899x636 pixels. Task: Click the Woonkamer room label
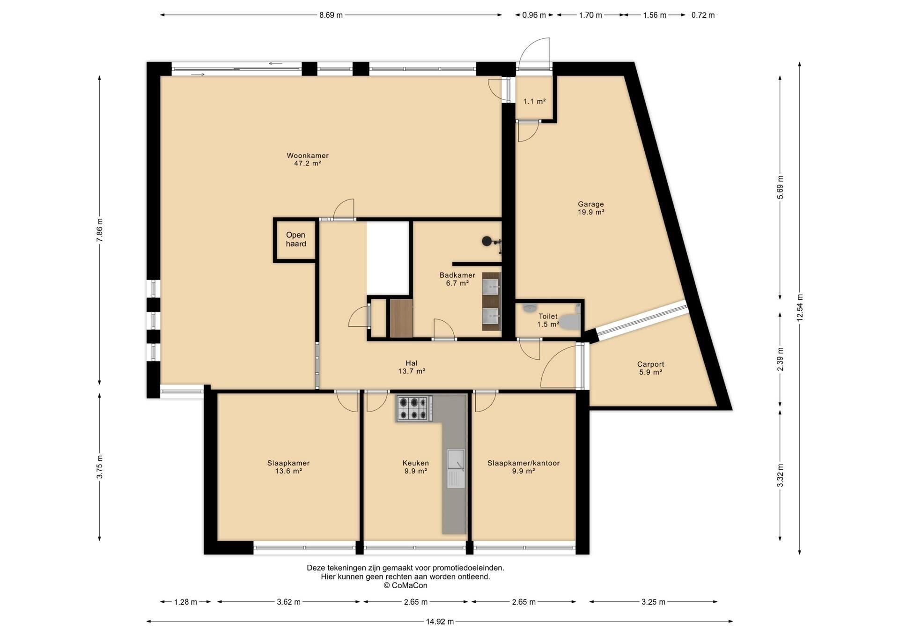click(308, 155)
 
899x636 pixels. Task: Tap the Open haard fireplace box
click(295, 239)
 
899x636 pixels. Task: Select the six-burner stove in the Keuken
click(414, 408)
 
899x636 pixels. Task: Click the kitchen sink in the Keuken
click(456, 468)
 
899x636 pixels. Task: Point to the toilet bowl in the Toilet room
click(570, 321)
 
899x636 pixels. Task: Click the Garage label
click(591, 204)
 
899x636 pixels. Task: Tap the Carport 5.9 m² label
click(650, 368)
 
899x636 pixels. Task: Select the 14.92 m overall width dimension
click(440, 621)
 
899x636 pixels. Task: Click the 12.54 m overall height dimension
click(800, 308)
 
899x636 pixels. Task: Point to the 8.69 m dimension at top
click(331, 15)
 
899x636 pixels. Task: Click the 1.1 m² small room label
click(534, 101)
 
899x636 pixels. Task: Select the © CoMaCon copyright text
click(405, 585)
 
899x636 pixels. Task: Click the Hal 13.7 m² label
click(412, 367)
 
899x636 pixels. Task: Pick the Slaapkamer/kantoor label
click(523, 463)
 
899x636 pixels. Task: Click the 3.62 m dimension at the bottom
click(288, 602)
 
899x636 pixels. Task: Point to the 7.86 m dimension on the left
click(99, 230)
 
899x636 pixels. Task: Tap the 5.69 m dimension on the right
click(780, 187)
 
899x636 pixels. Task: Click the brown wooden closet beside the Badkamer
click(401, 318)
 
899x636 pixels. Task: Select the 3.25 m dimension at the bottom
click(653, 602)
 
